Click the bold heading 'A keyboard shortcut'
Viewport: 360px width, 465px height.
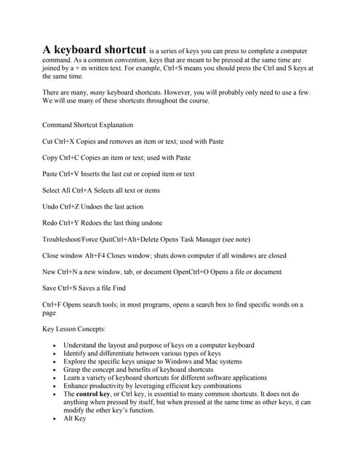(94, 49)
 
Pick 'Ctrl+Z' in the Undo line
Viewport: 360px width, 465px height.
(76, 206)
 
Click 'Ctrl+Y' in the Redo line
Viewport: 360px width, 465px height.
(75, 223)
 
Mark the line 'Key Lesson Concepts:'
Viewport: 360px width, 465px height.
(74, 329)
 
